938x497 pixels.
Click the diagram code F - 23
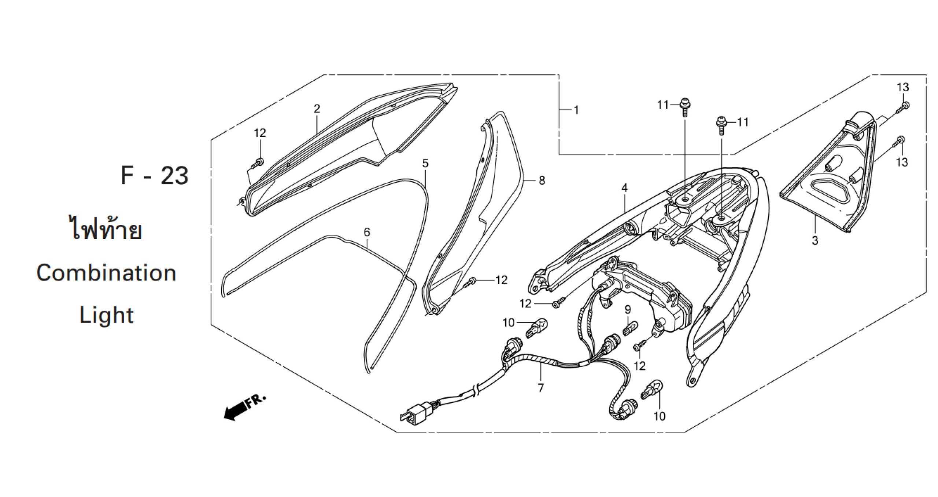coord(155,176)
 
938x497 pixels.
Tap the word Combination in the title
coord(106,273)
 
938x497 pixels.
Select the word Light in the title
coord(107,315)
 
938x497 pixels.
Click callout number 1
coord(576,110)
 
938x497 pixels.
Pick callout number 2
coord(317,109)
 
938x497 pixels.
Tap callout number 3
coord(815,241)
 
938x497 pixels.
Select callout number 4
coord(624,188)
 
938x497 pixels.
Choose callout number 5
coord(425,164)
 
